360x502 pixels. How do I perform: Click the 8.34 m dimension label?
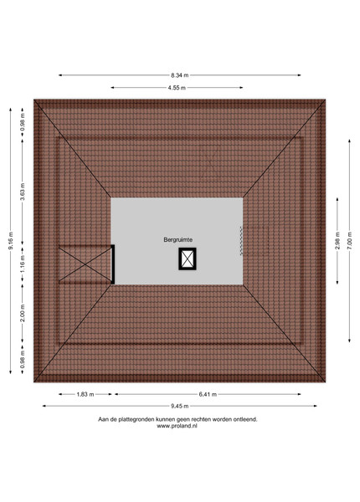coord(179,75)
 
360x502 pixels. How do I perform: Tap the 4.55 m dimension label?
coord(177,87)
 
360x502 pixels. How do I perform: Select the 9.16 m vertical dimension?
coord(11,241)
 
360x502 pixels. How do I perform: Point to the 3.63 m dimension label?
coord(23,192)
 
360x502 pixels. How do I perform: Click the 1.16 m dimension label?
coord(23,264)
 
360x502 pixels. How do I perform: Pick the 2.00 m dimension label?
coord(23,313)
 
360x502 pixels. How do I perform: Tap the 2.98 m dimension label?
coord(337,241)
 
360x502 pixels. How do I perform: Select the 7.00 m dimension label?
coord(349,241)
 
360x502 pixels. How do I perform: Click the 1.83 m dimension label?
coord(85,394)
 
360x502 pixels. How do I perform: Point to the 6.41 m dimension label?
coord(208,394)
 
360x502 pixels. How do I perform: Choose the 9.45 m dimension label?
coord(179,406)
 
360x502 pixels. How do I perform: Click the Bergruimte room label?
coord(178,239)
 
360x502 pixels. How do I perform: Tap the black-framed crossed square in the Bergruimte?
coord(188,259)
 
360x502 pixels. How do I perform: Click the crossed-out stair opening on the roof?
coord(85,264)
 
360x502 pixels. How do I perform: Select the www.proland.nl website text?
coord(177,426)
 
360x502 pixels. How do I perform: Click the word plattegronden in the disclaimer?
coord(136,419)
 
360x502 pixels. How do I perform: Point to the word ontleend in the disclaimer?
coord(245,419)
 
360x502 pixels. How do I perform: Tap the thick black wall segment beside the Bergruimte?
coord(113,264)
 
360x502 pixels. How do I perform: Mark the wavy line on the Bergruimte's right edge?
coord(241,241)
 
